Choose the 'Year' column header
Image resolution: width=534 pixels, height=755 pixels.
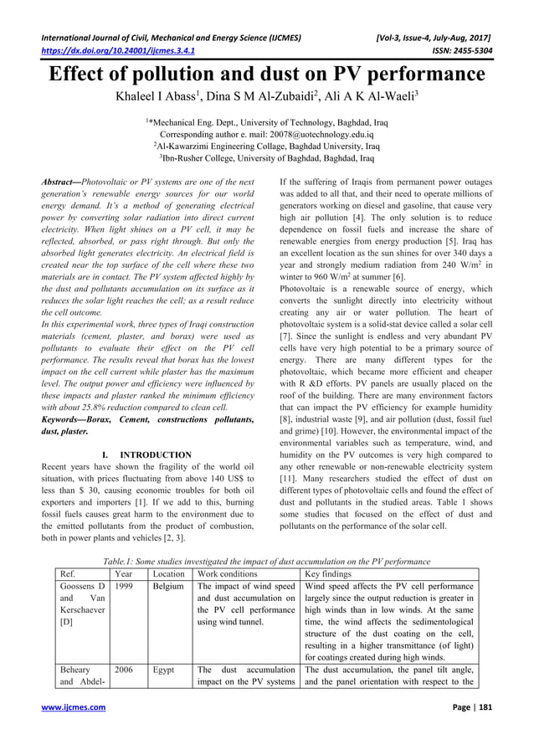(124, 575)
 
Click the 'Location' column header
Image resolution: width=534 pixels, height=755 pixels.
(169, 575)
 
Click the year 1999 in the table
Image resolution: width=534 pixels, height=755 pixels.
(124, 590)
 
